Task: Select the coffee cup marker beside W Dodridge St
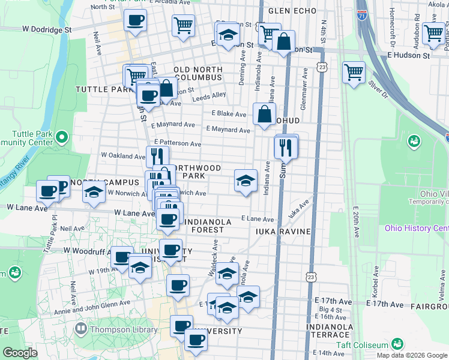click(135, 22)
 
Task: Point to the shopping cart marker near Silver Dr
click(354, 73)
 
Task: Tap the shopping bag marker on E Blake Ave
click(264, 113)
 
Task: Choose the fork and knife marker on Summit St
click(286, 148)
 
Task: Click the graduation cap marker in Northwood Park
click(245, 180)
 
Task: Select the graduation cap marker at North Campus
click(94, 193)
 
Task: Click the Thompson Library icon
click(81, 329)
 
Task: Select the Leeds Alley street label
click(209, 95)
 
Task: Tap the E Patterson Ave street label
click(176, 144)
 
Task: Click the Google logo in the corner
click(20, 353)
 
